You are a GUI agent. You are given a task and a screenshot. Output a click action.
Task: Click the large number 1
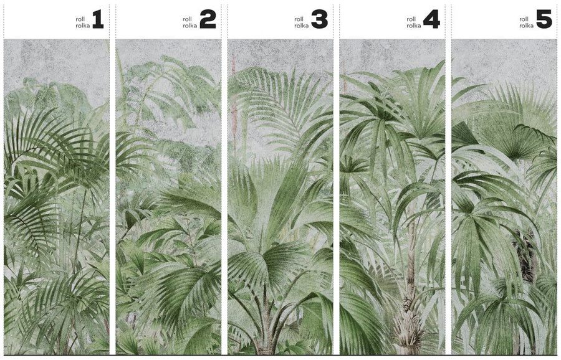[98, 19]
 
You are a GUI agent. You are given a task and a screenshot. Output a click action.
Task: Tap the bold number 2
[208, 19]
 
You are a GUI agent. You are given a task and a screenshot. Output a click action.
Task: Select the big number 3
[320, 19]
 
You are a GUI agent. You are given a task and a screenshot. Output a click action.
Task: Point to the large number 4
[431, 19]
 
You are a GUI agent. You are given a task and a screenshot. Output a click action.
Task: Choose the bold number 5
[544, 19]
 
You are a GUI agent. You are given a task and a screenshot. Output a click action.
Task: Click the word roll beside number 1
[80, 19]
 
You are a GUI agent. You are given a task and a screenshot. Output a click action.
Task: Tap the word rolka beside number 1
[83, 26]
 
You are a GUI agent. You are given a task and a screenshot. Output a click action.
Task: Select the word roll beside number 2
[188, 19]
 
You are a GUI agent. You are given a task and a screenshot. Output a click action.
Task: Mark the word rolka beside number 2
[190, 26]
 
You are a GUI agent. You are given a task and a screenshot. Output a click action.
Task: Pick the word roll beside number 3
[299, 19]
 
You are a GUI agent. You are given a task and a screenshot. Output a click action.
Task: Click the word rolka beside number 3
[302, 26]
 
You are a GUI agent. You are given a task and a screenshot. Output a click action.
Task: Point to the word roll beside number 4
[411, 19]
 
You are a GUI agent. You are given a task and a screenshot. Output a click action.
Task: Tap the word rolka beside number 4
[414, 26]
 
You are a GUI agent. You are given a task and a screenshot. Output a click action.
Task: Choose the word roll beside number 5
[524, 19]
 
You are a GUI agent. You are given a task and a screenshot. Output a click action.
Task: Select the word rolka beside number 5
[527, 26]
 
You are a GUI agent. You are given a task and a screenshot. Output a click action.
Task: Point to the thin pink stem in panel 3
[234, 107]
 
